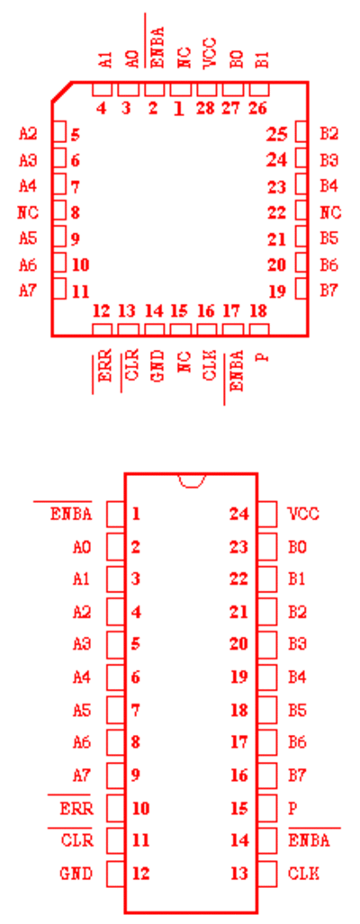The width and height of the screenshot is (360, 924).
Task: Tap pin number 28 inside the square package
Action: [x=205, y=109]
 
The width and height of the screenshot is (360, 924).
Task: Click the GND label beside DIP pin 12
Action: [x=76, y=874]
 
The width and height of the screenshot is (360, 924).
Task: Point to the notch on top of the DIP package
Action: [x=192, y=480]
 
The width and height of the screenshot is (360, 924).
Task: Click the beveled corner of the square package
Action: [x=62, y=92]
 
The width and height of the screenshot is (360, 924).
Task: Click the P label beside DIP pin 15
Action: [x=292, y=809]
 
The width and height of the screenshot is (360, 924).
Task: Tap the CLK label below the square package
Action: [x=209, y=365]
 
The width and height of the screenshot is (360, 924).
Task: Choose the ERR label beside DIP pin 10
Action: [x=76, y=809]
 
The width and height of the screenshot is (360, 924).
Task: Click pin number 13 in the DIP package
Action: [x=238, y=874]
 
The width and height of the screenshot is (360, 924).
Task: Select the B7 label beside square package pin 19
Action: [x=329, y=291]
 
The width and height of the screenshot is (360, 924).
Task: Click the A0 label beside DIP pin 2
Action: [x=82, y=547]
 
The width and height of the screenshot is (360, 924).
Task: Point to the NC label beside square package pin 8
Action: [x=28, y=212]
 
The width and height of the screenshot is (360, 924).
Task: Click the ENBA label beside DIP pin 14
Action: [x=309, y=840]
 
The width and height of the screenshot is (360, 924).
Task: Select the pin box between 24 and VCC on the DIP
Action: [x=267, y=514]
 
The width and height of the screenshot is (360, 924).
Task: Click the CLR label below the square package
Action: [x=130, y=365]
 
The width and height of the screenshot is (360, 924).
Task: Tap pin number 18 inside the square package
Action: [x=258, y=310]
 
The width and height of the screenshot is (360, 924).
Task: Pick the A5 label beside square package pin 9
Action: [x=28, y=238]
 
